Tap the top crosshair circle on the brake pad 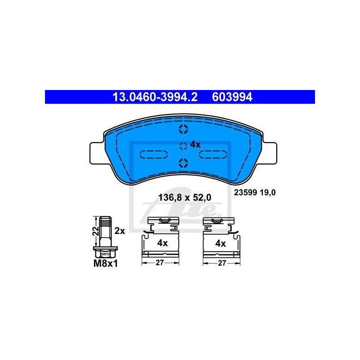[183, 130]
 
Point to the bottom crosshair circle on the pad [183, 162]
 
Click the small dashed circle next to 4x [183, 145]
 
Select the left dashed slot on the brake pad [154, 154]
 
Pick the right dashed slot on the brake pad [213, 154]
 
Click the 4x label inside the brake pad [195, 144]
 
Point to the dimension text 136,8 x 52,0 [184, 197]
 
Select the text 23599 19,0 [254, 192]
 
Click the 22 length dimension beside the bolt [95, 231]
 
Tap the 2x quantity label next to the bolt [119, 231]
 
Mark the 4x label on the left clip [162, 243]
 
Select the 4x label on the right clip [220, 243]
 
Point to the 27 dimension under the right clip [220, 263]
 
